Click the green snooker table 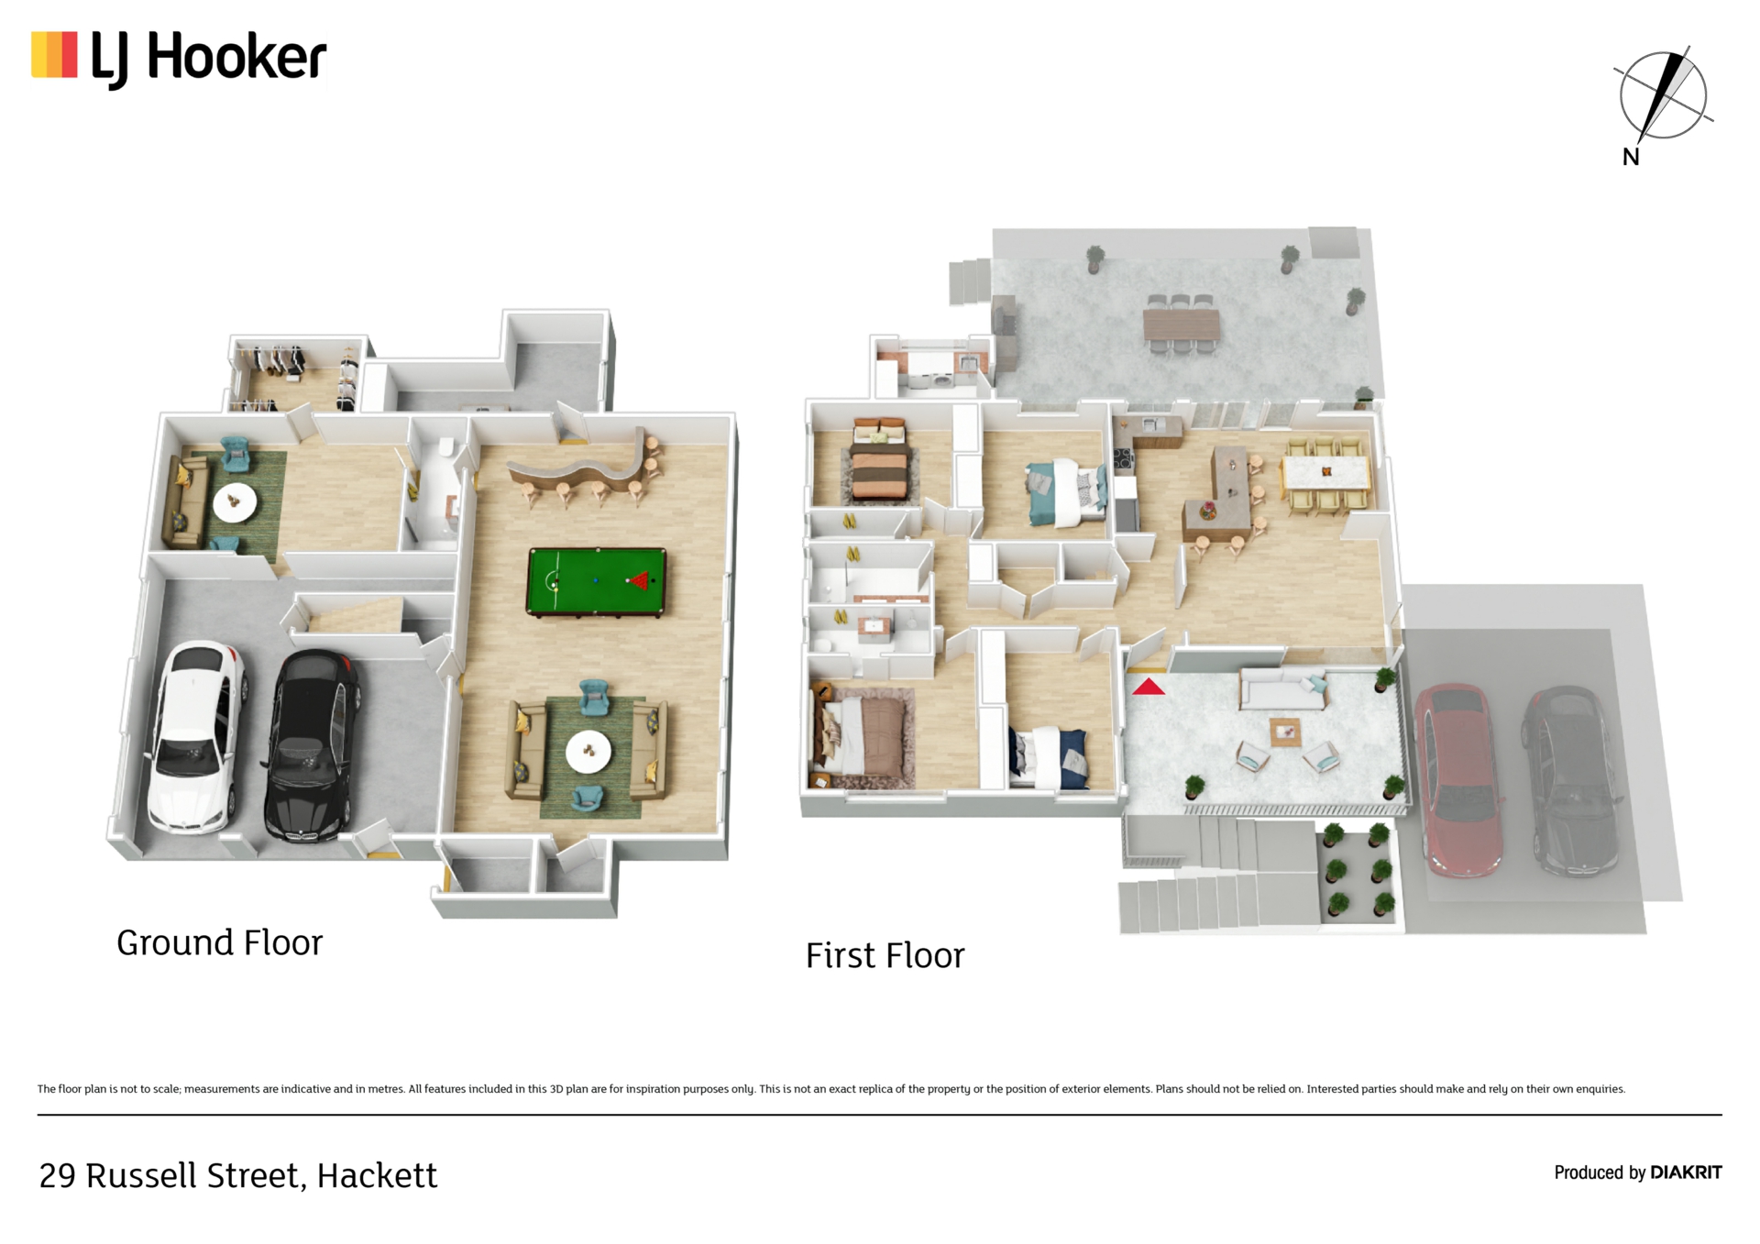click(x=596, y=581)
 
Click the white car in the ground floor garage click(x=195, y=737)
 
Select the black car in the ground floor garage click(x=312, y=745)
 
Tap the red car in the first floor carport click(x=1458, y=779)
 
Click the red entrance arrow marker click(x=1148, y=686)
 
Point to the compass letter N click(x=1631, y=157)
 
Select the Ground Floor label click(x=220, y=942)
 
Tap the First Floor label click(x=885, y=955)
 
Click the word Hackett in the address click(x=377, y=1175)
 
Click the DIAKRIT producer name click(x=1686, y=1172)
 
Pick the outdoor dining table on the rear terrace click(x=1181, y=324)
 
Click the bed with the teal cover click(x=1066, y=492)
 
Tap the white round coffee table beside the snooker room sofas click(x=588, y=752)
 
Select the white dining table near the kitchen click(x=1325, y=473)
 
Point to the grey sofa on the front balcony click(x=1281, y=689)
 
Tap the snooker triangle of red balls click(x=639, y=580)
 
